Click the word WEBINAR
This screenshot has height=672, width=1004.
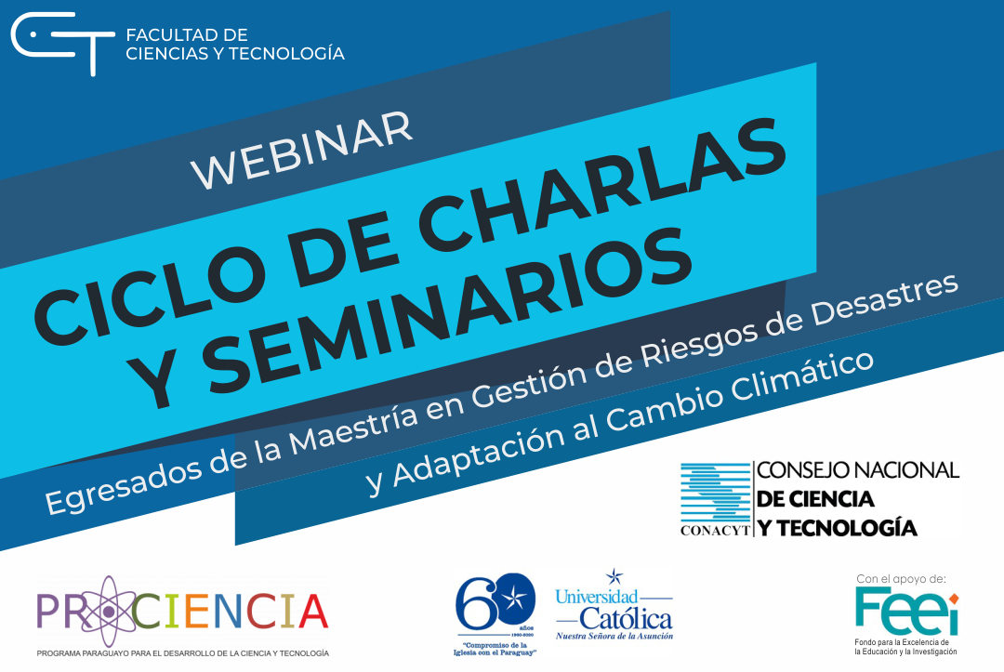[302, 150]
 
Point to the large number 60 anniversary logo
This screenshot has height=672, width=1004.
[492, 602]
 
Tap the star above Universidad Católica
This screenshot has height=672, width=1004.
[613, 577]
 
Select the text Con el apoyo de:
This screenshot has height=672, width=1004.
[901, 578]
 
